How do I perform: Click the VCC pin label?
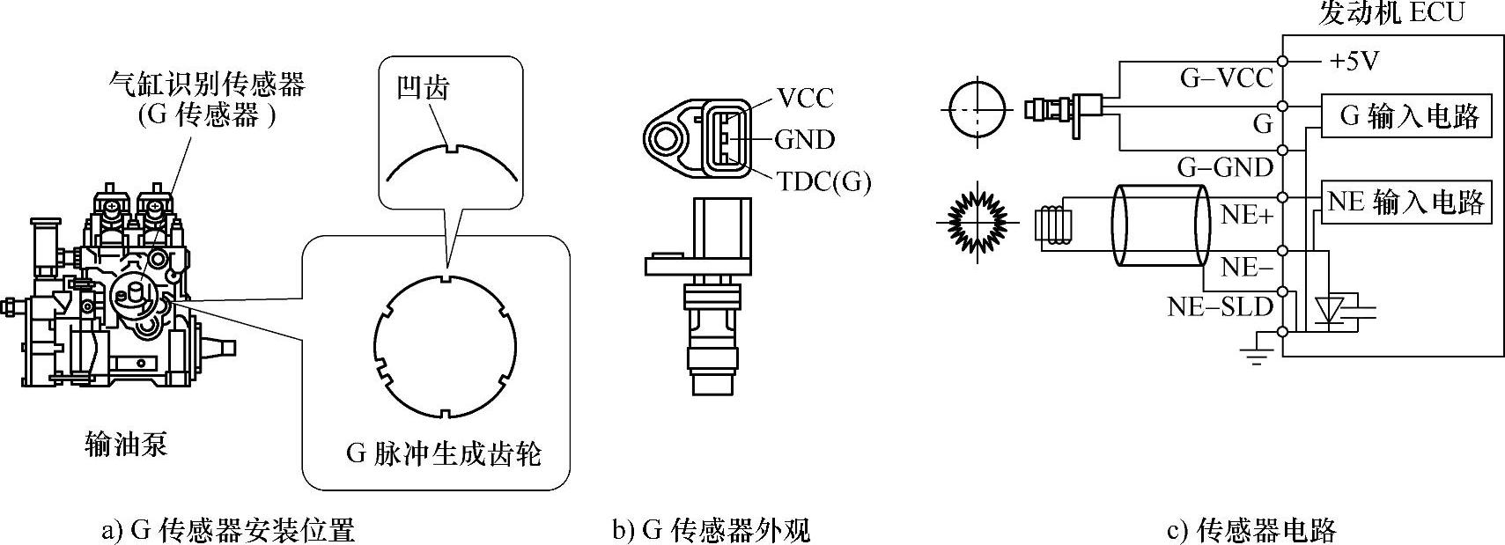(806, 97)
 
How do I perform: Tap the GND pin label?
(804, 139)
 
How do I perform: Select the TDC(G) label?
(823, 181)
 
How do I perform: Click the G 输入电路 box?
(1407, 116)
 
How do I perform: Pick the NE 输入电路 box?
(1405, 203)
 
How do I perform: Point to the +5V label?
(1354, 61)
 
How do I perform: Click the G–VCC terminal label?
(1226, 78)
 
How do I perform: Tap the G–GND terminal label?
(1225, 166)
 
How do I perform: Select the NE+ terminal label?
(1247, 214)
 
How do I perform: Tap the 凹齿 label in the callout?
(424, 87)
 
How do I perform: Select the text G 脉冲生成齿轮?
(443, 454)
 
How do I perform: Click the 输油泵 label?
(126, 444)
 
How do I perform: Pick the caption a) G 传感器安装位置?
(228, 530)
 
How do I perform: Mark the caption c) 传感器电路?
(1251, 530)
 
